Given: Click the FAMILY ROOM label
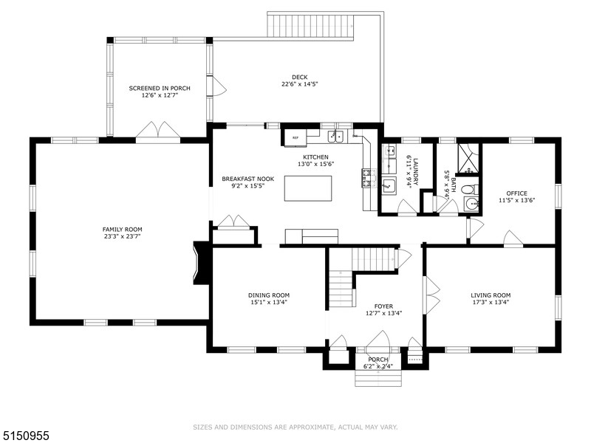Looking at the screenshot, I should [122, 229].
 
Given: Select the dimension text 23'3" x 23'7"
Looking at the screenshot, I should [122, 237].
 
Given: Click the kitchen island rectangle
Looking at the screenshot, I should [308, 188].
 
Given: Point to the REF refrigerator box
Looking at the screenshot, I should [295, 137].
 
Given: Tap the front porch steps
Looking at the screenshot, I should [378, 377].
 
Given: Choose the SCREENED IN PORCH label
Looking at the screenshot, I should [160, 88].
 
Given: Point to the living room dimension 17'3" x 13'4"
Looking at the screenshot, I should [491, 302].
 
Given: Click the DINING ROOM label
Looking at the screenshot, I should [268, 295].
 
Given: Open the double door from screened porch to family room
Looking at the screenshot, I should [158, 131].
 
